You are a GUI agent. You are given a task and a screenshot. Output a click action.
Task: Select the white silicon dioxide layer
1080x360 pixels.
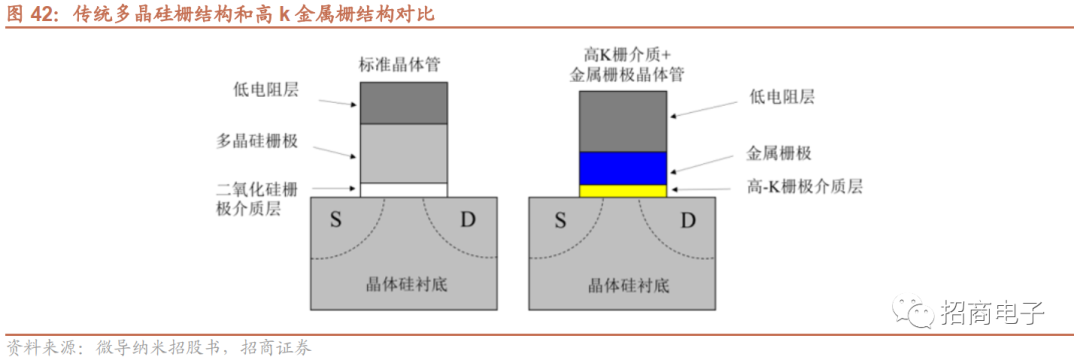(x=403, y=189)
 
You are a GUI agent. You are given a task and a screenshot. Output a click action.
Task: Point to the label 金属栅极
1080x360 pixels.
(x=779, y=154)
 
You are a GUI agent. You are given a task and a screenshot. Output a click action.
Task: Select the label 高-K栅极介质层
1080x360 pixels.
(x=805, y=186)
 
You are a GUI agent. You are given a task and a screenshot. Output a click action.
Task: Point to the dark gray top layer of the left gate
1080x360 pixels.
(x=403, y=103)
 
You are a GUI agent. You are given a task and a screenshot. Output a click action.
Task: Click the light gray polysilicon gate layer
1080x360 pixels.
(x=403, y=152)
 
